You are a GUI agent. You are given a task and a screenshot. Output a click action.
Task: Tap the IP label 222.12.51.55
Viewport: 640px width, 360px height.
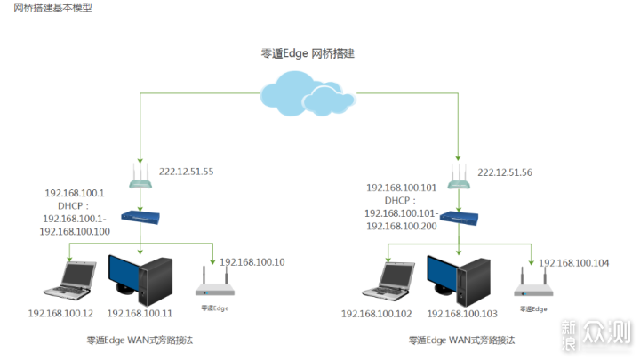186,172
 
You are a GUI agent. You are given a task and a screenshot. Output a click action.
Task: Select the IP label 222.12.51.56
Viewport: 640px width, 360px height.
505,172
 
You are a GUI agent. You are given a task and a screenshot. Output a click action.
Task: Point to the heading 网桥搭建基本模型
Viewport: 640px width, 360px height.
52,7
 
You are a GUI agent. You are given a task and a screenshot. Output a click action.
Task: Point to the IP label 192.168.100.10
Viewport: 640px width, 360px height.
252,262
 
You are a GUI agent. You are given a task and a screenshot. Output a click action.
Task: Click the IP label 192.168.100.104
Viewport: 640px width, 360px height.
574,262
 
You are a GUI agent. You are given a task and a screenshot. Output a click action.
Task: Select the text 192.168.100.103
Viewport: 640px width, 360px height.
462,313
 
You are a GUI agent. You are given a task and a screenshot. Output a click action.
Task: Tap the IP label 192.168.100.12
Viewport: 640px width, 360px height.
60,313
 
